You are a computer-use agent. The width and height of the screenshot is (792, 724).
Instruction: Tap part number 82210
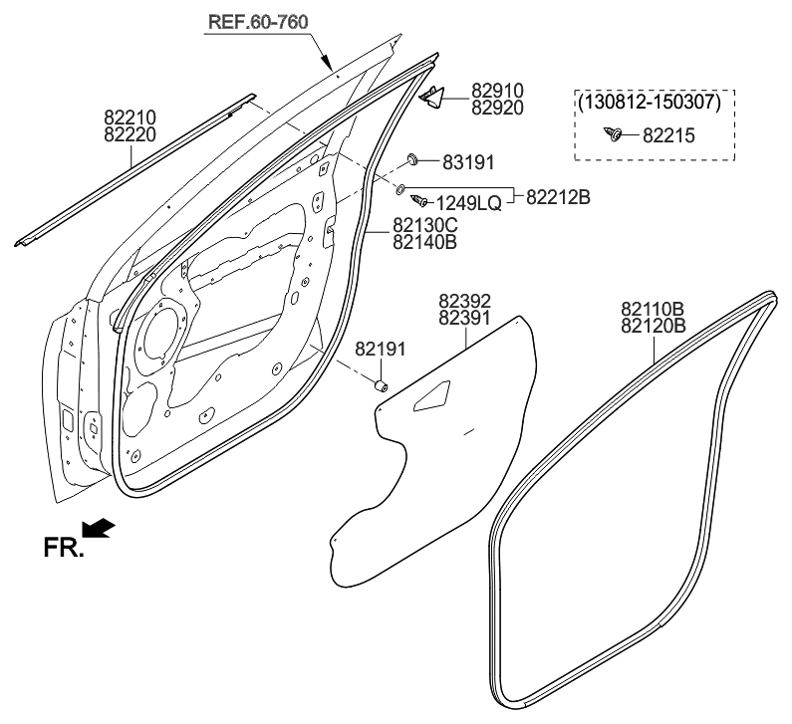coord(130,117)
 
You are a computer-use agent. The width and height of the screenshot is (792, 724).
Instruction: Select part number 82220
coord(130,131)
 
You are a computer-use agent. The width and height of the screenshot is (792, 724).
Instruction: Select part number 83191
coord(467,160)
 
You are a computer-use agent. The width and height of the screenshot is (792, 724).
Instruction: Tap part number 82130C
coord(424,226)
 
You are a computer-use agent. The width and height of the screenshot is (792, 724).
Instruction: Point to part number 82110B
coord(653,310)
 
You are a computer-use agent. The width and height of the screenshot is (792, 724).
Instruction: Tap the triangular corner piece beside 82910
coord(431,95)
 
